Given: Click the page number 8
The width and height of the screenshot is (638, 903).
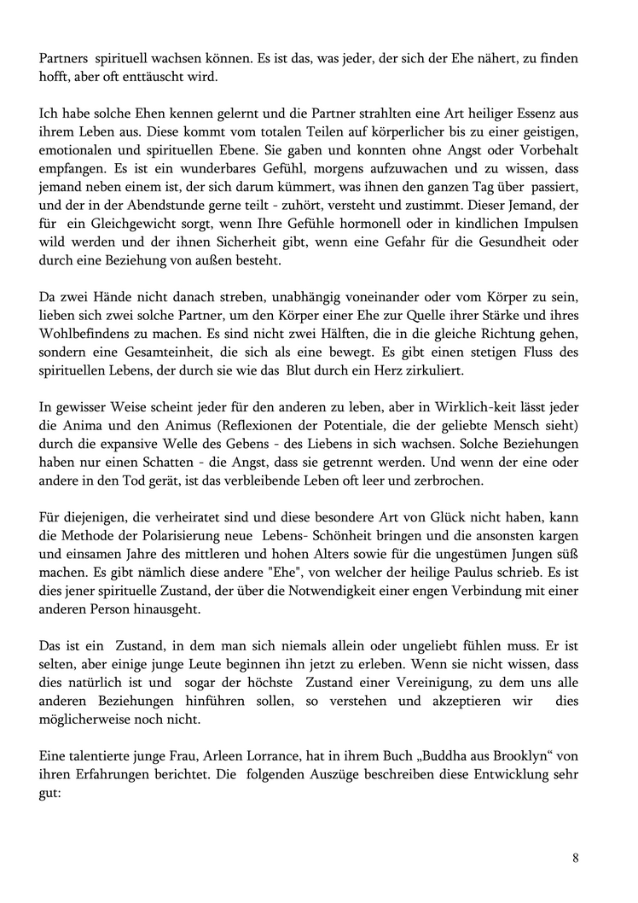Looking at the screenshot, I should [576, 858].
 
